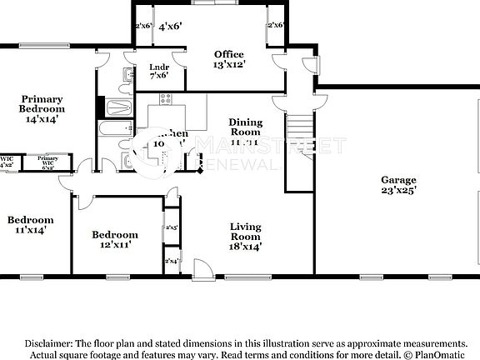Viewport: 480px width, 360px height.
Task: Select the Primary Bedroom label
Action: point(42,108)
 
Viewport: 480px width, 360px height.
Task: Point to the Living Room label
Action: point(246,236)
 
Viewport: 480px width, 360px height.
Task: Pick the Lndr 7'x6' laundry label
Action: point(159,71)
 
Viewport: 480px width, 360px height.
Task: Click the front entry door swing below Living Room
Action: point(203,268)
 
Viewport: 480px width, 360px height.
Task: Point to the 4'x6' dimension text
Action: point(170,26)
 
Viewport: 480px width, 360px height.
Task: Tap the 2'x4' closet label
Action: point(172,262)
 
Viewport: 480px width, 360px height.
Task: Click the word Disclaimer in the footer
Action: point(48,343)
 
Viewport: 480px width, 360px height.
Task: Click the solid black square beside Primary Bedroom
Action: point(101,106)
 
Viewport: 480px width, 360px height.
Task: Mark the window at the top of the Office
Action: point(225,3)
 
